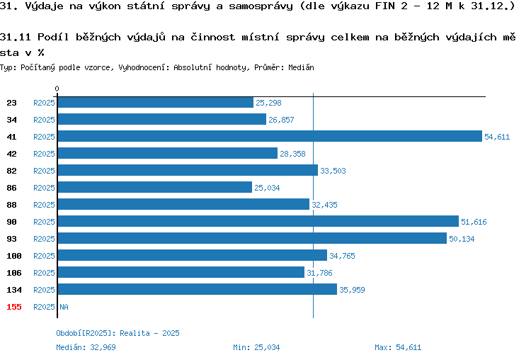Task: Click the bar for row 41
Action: (x=270, y=136)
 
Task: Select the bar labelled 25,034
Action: (x=155, y=187)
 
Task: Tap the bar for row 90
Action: (x=258, y=221)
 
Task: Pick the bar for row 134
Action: (x=198, y=289)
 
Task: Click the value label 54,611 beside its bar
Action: (x=497, y=137)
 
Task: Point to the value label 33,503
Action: (x=333, y=171)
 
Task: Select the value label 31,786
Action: (x=319, y=273)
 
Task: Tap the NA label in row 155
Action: (x=64, y=307)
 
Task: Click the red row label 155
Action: (x=14, y=307)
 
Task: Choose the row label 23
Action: (x=11, y=103)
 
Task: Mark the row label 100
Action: (x=14, y=256)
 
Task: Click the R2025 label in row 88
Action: (x=44, y=205)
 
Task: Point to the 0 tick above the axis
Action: (x=57, y=89)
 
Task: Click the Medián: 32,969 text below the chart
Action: (x=86, y=347)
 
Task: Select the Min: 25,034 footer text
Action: (x=256, y=347)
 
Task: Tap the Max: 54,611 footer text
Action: (x=398, y=347)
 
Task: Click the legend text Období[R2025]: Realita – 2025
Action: (x=118, y=333)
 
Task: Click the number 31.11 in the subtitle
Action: (x=16, y=37)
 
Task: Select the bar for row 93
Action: (x=252, y=238)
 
